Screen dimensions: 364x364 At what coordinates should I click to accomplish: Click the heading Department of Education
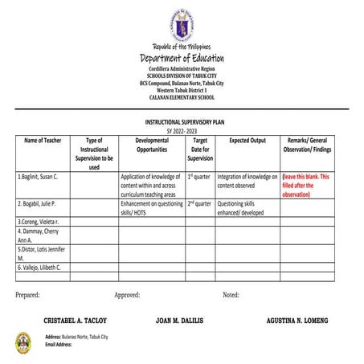[182, 58]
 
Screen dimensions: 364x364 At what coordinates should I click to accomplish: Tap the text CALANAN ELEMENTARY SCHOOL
[182, 97]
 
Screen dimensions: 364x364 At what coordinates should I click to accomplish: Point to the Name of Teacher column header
[43, 140]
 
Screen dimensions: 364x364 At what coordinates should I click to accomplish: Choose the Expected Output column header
[247, 140]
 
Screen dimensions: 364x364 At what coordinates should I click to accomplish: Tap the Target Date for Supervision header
[200, 149]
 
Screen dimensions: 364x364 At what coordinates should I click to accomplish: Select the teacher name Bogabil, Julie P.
[38, 204]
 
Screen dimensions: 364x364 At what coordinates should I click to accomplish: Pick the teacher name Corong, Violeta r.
[39, 220]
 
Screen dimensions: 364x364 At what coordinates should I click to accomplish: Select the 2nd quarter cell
[199, 204]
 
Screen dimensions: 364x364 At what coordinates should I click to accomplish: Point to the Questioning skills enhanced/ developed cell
[241, 209]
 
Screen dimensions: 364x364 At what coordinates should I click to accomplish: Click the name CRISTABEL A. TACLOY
[75, 320]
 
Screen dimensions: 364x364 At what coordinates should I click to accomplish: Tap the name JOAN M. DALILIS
[180, 320]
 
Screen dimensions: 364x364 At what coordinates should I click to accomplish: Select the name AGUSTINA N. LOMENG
[297, 320]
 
